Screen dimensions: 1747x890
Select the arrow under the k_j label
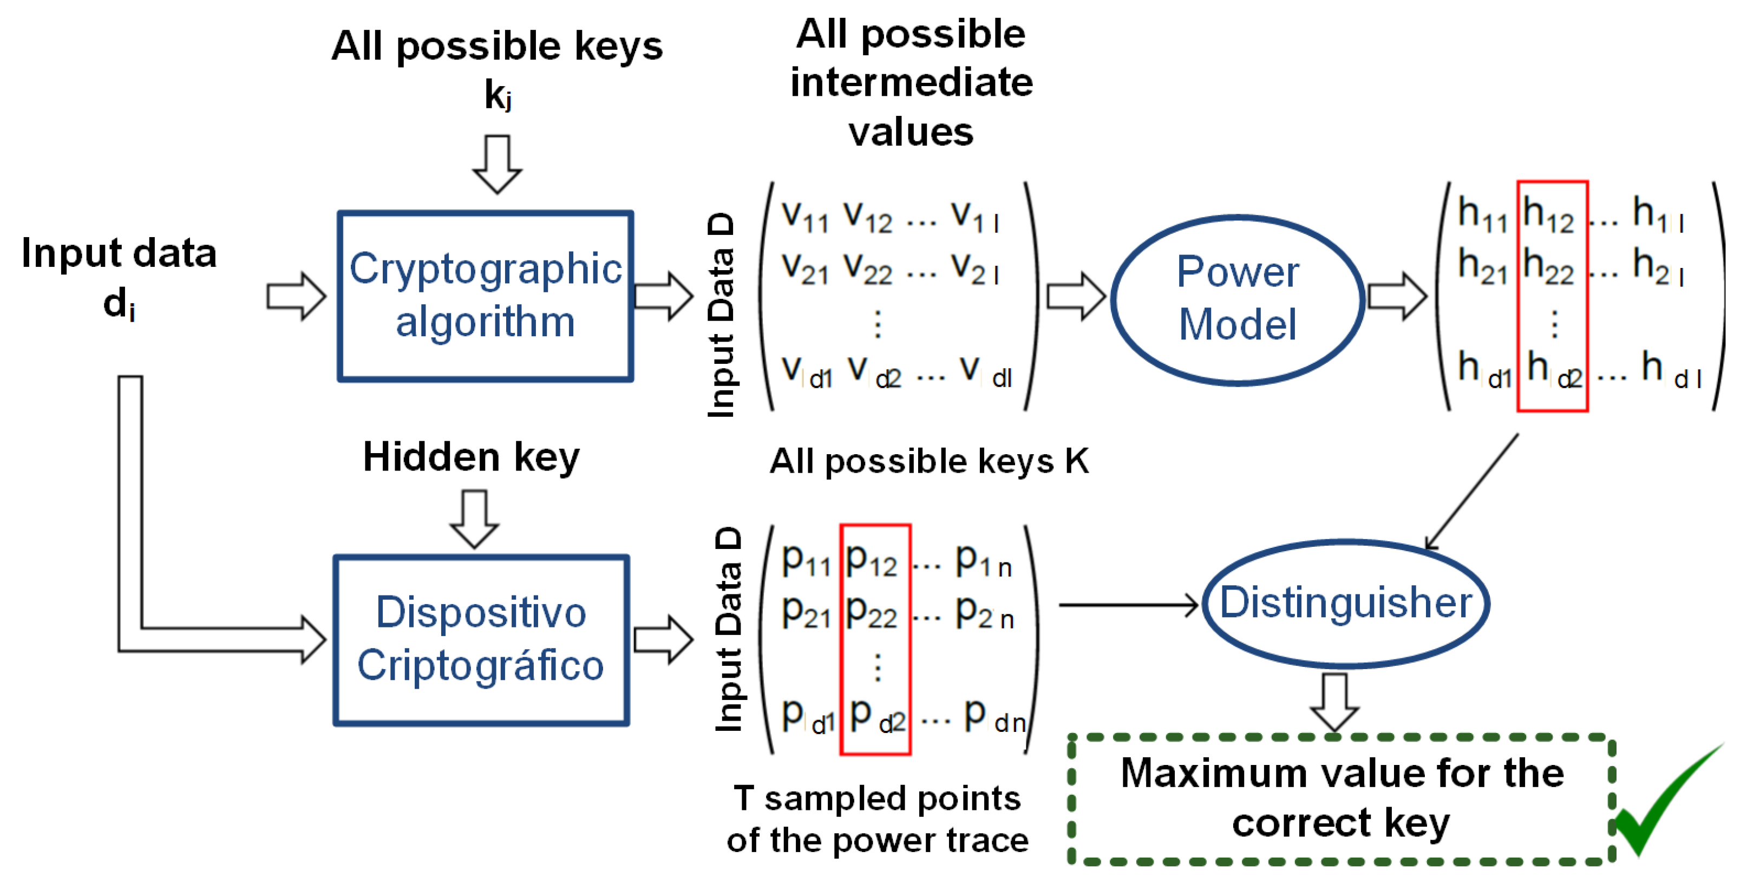pyautogui.click(x=497, y=165)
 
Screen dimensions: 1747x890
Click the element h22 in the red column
pyautogui.click(x=1548, y=265)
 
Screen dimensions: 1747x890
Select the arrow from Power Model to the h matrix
pyautogui.click(x=1398, y=297)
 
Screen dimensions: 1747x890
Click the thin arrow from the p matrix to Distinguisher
pyautogui.click(x=1129, y=604)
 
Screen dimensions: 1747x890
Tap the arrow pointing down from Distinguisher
pyautogui.click(x=1334, y=703)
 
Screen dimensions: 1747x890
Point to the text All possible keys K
pyautogui.click(x=929, y=461)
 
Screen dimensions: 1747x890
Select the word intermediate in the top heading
pyautogui.click(x=912, y=83)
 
